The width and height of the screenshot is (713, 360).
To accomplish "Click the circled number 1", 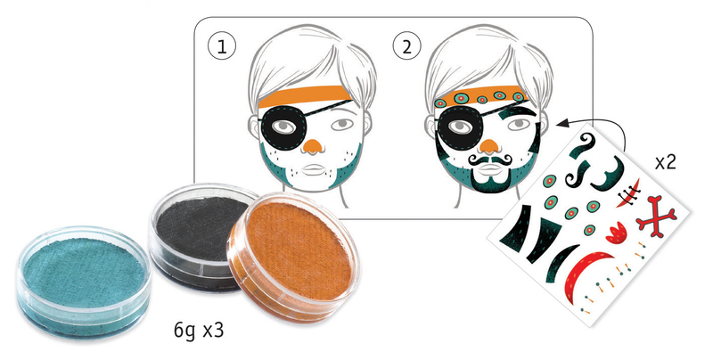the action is [x=222, y=46].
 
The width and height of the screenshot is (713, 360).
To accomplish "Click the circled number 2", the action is [x=407, y=46].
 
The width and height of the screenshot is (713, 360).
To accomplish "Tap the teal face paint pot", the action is [x=84, y=282].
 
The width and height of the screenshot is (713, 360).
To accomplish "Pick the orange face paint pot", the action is [x=294, y=256].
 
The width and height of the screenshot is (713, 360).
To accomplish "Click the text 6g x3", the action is [x=199, y=331].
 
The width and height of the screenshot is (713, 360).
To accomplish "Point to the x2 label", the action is [x=666, y=162].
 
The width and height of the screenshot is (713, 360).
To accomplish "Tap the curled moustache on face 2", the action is [x=490, y=160].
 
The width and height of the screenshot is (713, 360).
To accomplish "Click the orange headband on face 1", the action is [x=304, y=97].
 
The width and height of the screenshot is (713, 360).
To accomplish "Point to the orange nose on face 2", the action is [x=488, y=146].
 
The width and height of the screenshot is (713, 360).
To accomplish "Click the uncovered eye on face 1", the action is [x=342, y=124].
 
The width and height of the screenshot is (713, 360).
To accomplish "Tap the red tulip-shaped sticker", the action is [x=616, y=233].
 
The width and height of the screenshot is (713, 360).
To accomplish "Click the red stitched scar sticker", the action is [x=628, y=193].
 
